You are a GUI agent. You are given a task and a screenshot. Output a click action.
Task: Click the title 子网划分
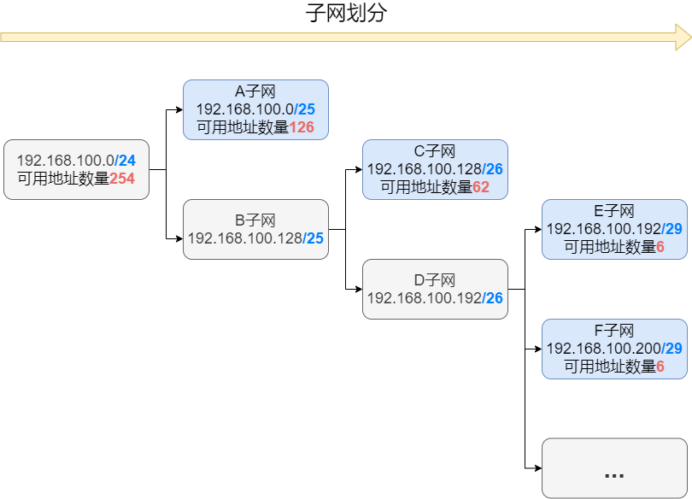(347, 13)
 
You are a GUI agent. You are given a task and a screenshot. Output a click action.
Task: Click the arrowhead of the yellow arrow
(683, 38)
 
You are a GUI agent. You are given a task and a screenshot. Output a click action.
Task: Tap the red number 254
(122, 179)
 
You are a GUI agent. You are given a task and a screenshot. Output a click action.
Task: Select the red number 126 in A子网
(302, 127)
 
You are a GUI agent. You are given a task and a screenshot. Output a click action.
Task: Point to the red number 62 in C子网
(481, 187)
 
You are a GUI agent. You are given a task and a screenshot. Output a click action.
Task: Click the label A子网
(255, 91)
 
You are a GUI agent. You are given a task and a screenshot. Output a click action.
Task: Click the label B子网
(255, 220)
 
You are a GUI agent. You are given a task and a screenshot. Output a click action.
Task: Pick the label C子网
(434, 151)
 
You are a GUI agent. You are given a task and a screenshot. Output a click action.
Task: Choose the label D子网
(434, 280)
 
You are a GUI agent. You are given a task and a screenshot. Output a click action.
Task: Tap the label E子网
(613, 211)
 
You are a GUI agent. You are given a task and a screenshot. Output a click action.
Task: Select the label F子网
(613, 331)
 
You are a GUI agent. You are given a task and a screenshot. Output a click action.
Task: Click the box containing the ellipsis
(613, 468)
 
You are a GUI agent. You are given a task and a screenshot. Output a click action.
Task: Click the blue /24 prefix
(125, 161)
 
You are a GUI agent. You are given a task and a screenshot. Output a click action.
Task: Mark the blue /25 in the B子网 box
(314, 238)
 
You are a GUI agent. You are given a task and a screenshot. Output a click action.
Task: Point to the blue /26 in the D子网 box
(493, 298)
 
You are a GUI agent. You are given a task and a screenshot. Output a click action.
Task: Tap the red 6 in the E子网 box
(660, 247)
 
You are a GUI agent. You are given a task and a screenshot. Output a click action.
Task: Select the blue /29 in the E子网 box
(672, 229)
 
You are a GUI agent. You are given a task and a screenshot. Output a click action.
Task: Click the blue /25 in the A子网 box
(304, 109)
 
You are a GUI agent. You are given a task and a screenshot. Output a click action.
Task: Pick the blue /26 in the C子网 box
(493, 169)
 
